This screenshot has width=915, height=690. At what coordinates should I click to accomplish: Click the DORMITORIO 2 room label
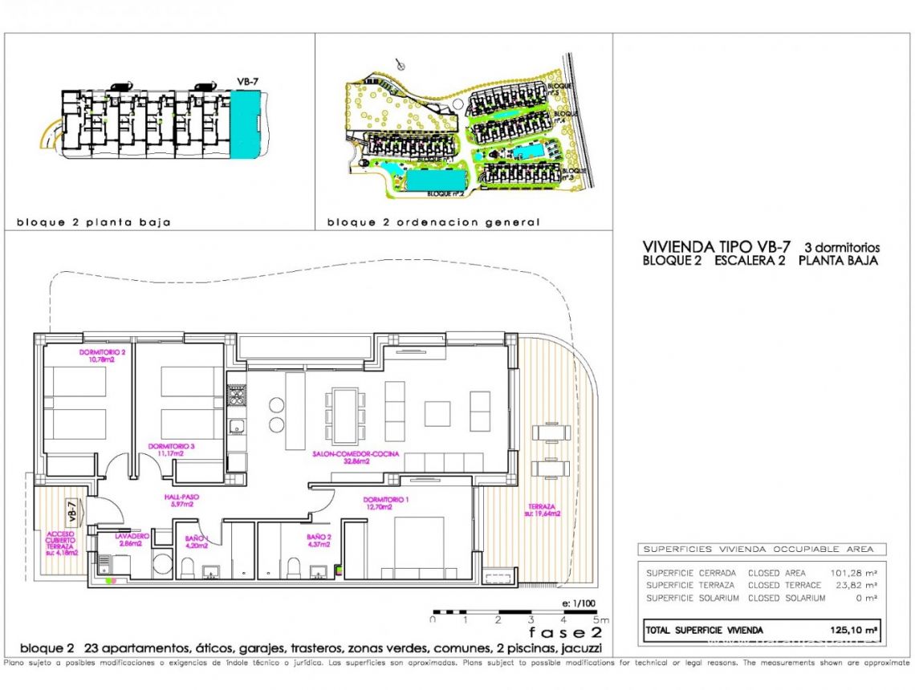[x=104, y=355]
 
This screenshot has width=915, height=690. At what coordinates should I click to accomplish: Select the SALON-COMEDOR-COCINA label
[x=341, y=457]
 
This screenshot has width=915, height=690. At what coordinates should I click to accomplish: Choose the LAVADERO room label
[x=128, y=539]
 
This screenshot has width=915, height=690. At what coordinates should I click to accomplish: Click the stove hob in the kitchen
[x=236, y=396]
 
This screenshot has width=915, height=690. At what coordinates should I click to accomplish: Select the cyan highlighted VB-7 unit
[x=246, y=124]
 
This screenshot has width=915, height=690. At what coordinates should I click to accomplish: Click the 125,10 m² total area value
[x=854, y=631]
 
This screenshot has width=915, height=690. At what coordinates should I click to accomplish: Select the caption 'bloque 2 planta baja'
[x=94, y=222]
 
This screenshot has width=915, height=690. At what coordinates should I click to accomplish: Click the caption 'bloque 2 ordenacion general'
[x=433, y=222]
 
